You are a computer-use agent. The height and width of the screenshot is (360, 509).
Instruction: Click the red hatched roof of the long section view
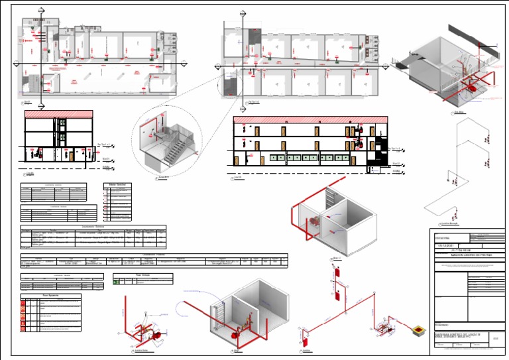tap(311, 120)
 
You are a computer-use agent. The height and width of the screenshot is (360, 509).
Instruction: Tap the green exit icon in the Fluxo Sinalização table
tap(117, 282)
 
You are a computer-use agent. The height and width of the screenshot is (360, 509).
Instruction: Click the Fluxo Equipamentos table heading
tap(52, 296)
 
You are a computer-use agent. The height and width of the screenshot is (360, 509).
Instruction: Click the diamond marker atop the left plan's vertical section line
tap(41, 11)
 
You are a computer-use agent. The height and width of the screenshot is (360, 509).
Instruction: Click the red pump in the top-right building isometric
tap(472, 86)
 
